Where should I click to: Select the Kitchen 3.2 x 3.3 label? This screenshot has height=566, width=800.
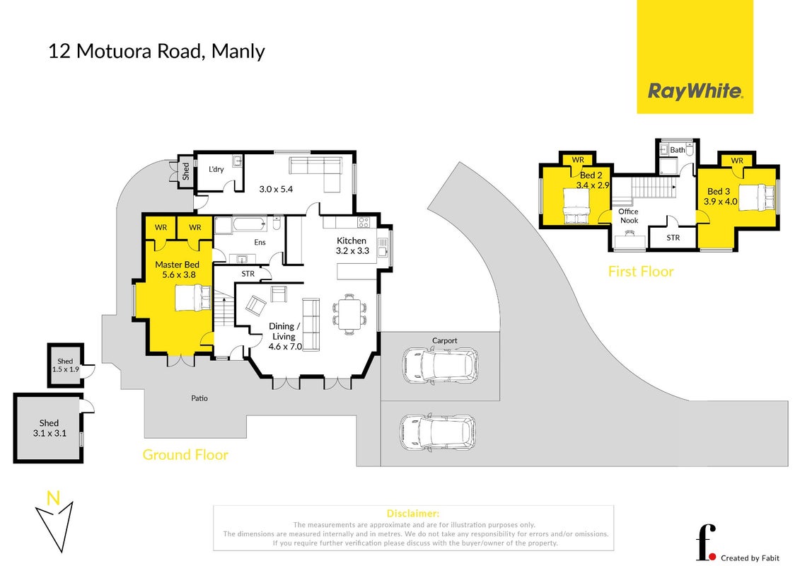(352, 246)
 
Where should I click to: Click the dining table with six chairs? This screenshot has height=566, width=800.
(349, 314)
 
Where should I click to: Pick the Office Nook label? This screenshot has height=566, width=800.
(629, 216)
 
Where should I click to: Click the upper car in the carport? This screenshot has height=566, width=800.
(440, 366)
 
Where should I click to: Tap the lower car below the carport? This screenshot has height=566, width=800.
(438, 433)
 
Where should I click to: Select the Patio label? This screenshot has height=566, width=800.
(199, 398)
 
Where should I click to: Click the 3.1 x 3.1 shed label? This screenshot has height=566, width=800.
(50, 428)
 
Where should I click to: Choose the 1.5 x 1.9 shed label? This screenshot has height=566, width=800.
(65, 366)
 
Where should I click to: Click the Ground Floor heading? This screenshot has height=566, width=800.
(185, 455)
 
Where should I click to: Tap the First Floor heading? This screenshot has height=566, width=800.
(641, 272)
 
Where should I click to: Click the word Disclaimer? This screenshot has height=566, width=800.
(413, 514)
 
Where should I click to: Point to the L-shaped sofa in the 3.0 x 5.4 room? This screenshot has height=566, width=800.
(315, 174)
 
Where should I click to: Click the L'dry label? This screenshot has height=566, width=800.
(216, 169)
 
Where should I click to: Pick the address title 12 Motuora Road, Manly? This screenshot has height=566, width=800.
(156, 52)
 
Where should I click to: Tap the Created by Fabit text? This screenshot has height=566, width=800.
(750, 558)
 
